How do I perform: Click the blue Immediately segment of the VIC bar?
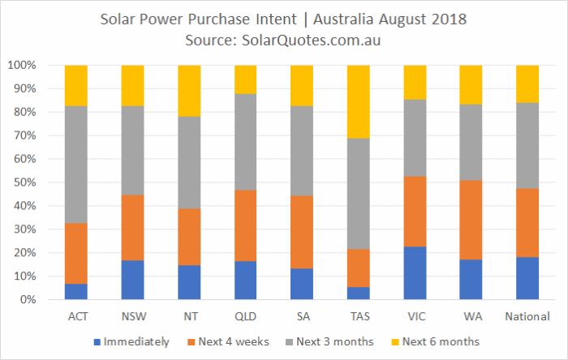[415, 272]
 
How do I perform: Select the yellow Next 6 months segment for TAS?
[359, 101]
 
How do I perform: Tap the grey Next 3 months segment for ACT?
[76, 165]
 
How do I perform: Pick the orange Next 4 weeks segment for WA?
[471, 220]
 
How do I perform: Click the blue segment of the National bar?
[527, 278]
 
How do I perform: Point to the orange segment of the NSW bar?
[132, 228]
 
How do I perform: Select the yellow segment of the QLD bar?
[246, 79]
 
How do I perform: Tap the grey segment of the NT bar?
[189, 162]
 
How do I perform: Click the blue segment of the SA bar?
[302, 284]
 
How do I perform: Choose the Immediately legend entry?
[131, 342]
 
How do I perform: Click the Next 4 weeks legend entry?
[228, 342]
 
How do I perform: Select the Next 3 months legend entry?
[329, 342]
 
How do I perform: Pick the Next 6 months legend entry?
[436, 342]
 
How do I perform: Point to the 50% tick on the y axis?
[25, 182]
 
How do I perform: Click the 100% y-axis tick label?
[22, 65]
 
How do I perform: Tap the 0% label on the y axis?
[28, 299]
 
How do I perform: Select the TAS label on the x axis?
[360, 316]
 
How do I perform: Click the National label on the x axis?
[527, 316]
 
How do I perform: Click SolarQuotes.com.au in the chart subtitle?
[311, 41]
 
